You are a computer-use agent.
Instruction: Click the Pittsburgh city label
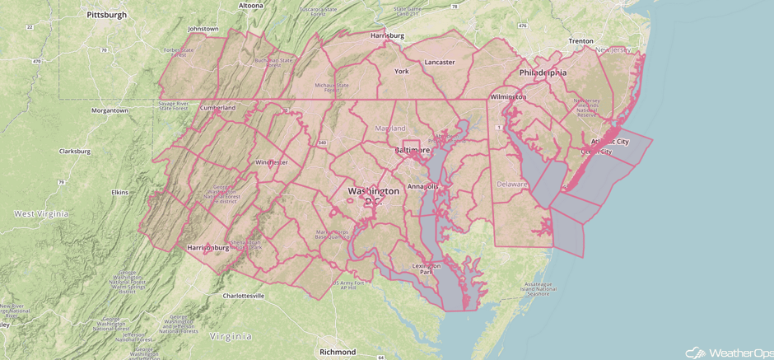[106, 15]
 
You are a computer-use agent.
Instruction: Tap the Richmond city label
[338, 352]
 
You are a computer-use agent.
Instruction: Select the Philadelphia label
[543, 72]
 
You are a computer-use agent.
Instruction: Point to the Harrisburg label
[387, 36]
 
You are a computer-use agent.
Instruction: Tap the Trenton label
[580, 40]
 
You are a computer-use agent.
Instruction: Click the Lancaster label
[440, 63]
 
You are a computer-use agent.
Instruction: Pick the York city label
[402, 72]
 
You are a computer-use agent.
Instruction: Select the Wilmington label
[508, 96]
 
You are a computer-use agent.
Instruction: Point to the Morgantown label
[110, 110]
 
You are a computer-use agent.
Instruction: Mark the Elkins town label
[119, 193]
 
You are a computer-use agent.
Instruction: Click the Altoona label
[250, 5]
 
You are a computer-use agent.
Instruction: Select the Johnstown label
[203, 29]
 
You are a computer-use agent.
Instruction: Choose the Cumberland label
[217, 108]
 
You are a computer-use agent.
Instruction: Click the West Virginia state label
[41, 214]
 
